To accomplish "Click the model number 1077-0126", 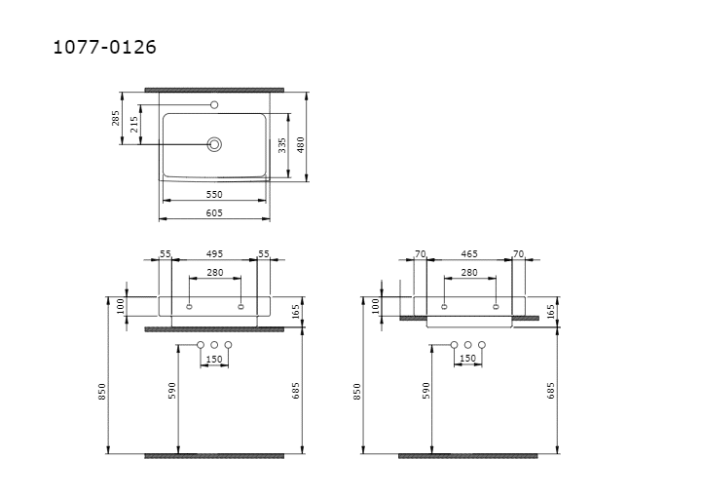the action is [x=105, y=47].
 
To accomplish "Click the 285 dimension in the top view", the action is [x=116, y=118].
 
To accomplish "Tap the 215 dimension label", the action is [x=133, y=124].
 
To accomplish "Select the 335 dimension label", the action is [x=282, y=145].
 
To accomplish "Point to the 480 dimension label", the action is [x=301, y=145].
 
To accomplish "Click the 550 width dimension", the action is [x=214, y=195].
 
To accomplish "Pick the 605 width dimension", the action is [x=214, y=212].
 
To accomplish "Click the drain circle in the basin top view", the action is [x=214, y=144].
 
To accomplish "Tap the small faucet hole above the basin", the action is [x=214, y=105].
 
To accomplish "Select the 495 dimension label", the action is [x=214, y=254].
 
